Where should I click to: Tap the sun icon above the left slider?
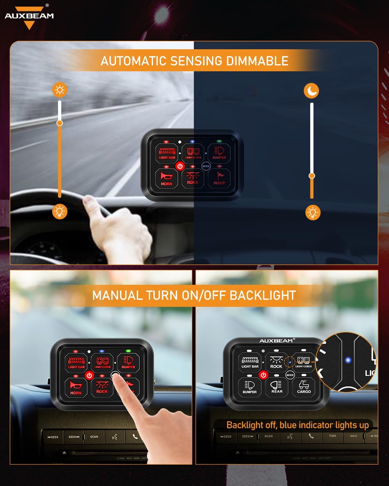[x=60, y=90]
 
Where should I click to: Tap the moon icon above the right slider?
[x=311, y=91]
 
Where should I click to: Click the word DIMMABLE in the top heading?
[x=257, y=61]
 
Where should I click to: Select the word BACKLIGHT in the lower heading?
[x=263, y=295]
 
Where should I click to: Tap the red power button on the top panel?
[x=180, y=166]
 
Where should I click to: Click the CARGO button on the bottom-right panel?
[x=304, y=387]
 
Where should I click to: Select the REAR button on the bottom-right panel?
[x=277, y=387]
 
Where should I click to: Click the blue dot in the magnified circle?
[x=348, y=360]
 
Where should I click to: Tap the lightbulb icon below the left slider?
[x=60, y=212]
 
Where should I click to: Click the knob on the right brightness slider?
[x=312, y=176]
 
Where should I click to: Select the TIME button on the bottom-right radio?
[x=332, y=436]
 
